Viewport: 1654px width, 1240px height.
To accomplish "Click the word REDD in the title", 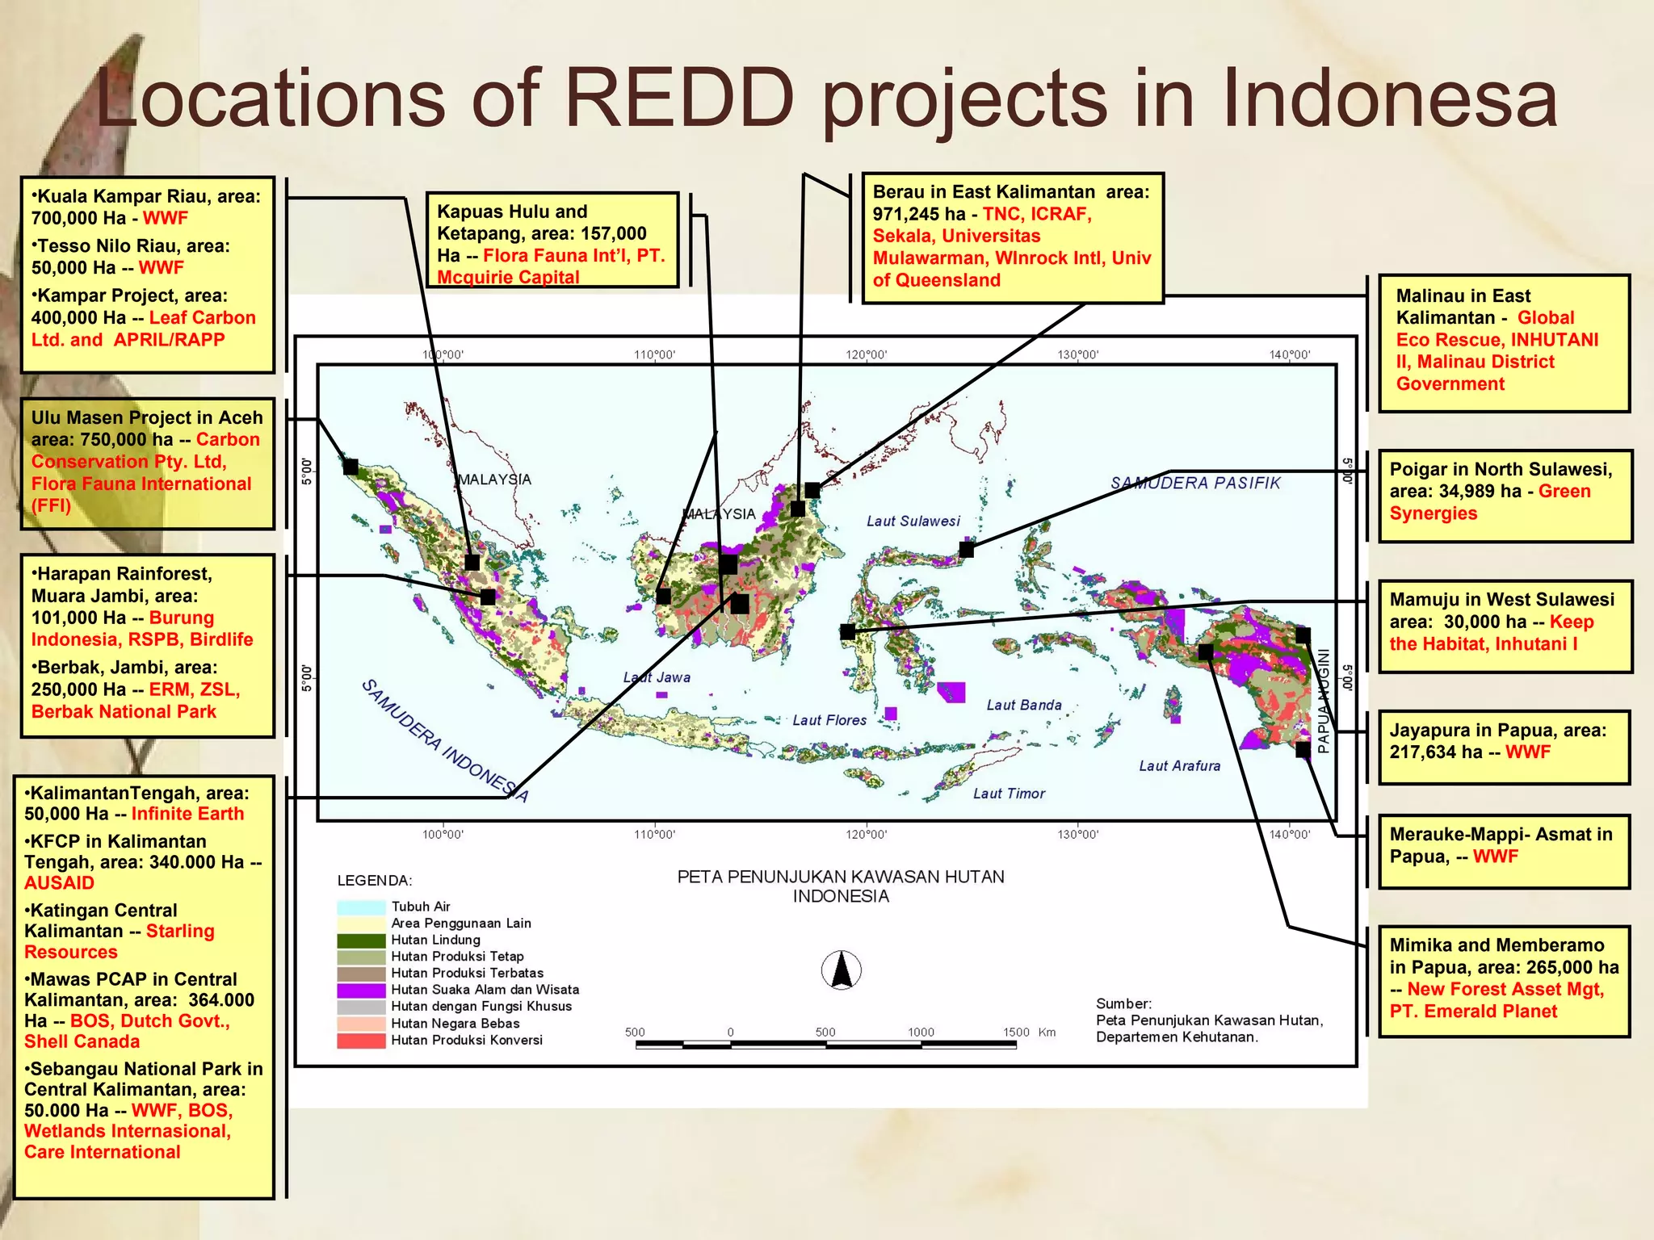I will [x=679, y=98].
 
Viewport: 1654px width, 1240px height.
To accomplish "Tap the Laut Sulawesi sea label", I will [x=913, y=522].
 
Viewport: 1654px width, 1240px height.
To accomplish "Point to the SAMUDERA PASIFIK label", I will [x=1194, y=483].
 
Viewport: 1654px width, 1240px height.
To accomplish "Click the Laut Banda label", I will [x=1023, y=705].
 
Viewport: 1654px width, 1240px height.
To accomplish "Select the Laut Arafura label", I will [x=1179, y=765].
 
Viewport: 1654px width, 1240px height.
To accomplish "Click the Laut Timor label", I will [x=1009, y=794].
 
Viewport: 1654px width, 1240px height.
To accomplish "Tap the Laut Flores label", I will [x=829, y=720].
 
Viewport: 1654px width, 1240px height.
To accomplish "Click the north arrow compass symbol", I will [x=841, y=970].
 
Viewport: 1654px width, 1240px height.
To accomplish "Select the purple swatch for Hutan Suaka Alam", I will [x=361, y=990].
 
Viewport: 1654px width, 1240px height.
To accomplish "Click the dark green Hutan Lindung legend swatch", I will [x=361, y=940].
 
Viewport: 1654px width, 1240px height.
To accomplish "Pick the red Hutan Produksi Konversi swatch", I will [x=361, y=1040].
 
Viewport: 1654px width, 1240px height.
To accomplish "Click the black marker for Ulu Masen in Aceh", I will [x=351, y=467].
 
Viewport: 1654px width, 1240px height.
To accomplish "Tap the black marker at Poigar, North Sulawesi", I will [x=966, y=550].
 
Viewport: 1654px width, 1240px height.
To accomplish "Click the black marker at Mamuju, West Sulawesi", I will [x=847, y=632].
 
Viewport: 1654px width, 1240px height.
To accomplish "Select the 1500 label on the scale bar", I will [x=1016, y=1032].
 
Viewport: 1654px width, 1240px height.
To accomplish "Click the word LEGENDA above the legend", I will [x=374, y=880].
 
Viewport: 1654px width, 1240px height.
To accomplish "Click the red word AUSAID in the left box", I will [x=59, y=882].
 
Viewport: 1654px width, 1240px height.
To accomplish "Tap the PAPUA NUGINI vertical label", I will [x=1323, y=701].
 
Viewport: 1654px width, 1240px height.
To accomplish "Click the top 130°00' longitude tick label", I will [x=1077, y=355].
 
